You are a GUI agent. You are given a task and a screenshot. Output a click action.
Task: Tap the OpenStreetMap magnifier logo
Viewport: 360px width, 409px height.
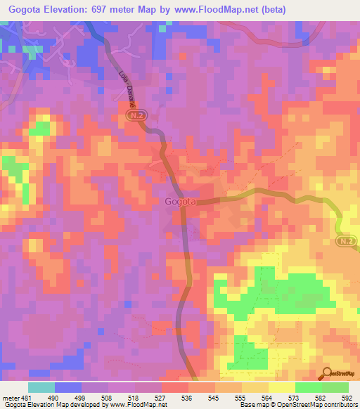click(328, 373)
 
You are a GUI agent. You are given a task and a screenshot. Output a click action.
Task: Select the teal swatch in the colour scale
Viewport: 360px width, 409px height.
click(41, 388)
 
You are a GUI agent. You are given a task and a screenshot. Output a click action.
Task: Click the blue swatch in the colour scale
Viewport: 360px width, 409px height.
click(68, 388)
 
